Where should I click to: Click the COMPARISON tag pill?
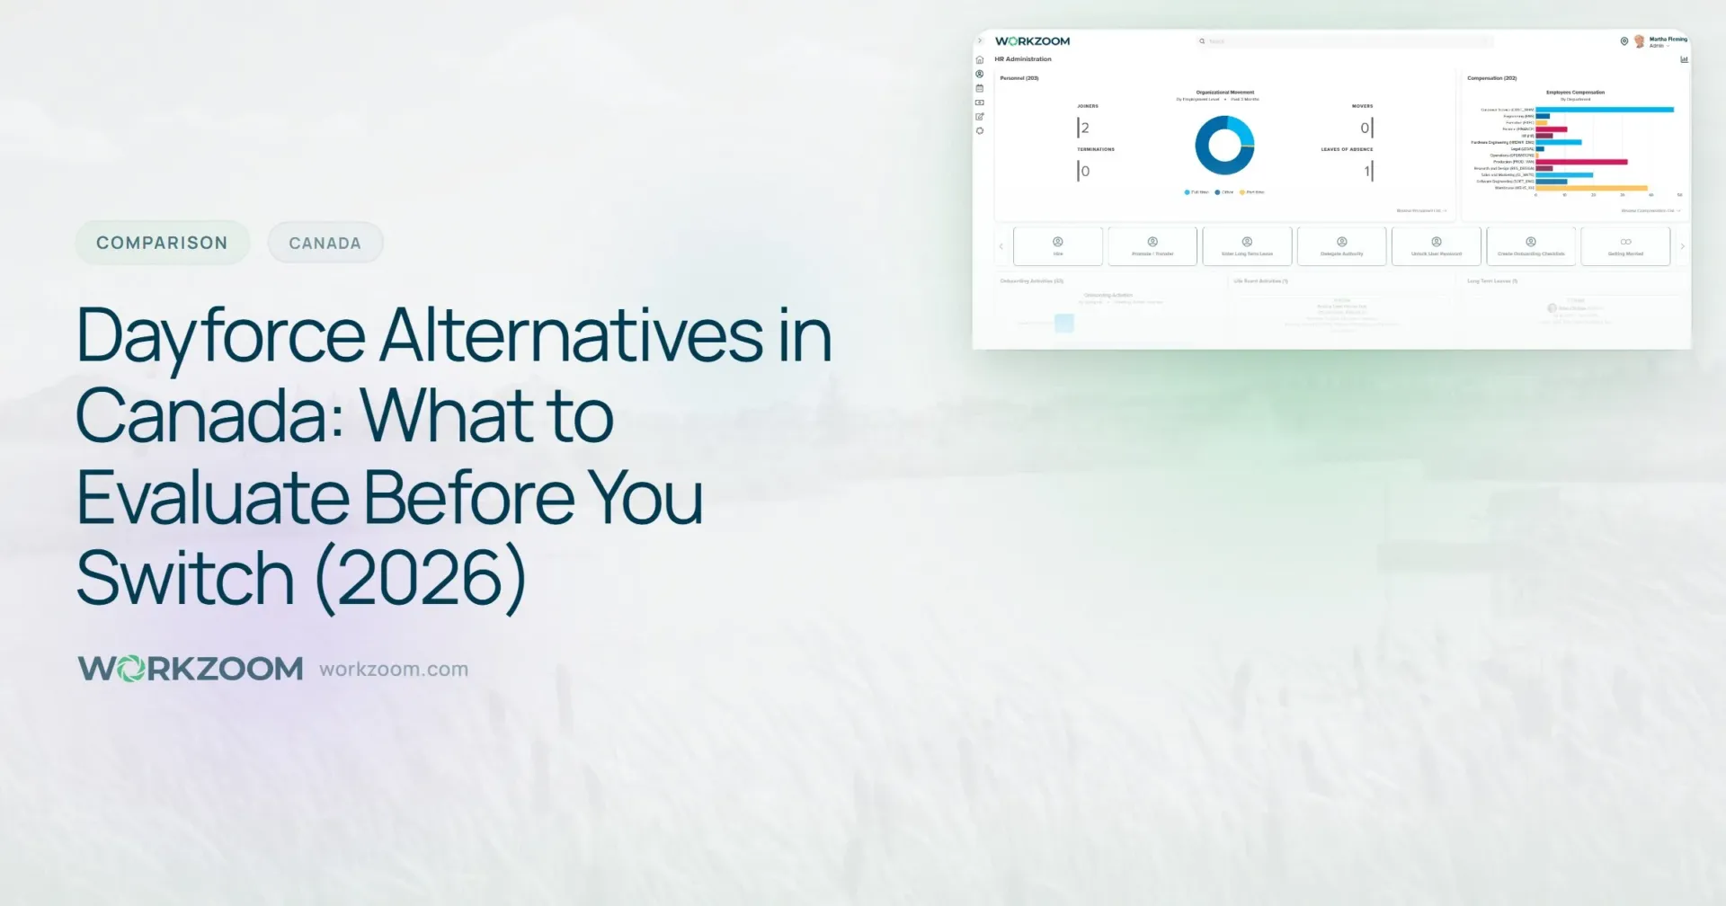(162, 243)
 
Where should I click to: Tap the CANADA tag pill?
(325, 244)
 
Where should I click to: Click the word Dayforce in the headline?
(221, 336)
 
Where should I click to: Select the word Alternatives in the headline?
(572, 336)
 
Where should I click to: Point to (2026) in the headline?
(421, 578)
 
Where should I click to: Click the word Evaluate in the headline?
(212, 497)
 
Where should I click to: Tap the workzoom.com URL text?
(394, 670)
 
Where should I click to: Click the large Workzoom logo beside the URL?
(191, 669)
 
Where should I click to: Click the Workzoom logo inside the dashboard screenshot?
(1032, 41)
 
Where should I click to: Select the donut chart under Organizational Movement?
(1224, 146)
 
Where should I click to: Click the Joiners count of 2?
(1085, 128)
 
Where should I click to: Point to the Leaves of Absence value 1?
(1366, 171)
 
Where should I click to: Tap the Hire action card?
(1058, 246)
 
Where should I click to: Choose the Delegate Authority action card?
(1341, 246)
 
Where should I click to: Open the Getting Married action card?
(1625, 246)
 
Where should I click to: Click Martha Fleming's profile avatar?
(1640, 41)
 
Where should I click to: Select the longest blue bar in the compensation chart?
(1605, 110)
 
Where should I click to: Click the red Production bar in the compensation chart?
(1581, 162)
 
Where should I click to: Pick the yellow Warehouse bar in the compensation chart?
(1591, 188)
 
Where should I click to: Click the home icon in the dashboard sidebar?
(980, 60)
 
